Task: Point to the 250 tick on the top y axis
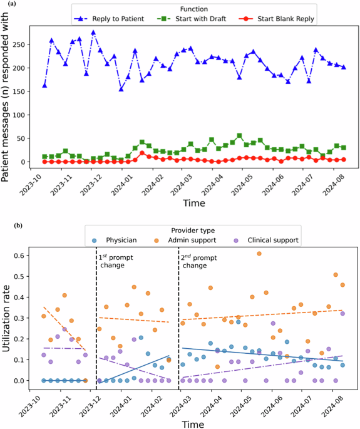[x=22, y=44]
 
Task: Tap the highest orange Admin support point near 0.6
[x=259, y=254]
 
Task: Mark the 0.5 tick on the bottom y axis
[x=22, y=276]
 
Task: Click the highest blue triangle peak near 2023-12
[x=93, y=33]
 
